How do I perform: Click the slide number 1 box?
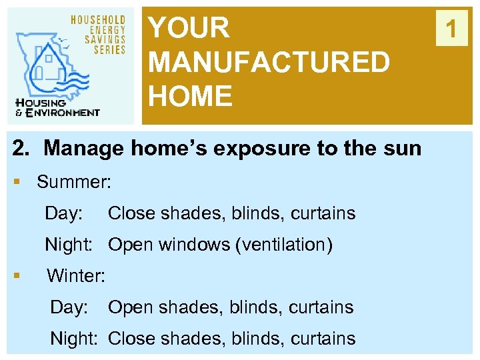pos(451,29)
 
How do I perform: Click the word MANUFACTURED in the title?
pos(269,63)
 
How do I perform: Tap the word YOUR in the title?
pos(189,29)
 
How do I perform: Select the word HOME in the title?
pos(191,96)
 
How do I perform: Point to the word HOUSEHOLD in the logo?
pos(98,19)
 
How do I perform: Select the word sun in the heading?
pos(402,147)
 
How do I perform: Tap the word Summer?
pos(74,181)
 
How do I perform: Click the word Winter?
pos(76,275)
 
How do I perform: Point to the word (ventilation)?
pos(284,245)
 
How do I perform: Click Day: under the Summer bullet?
pos(64,213)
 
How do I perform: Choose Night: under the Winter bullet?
pos(76,338)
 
